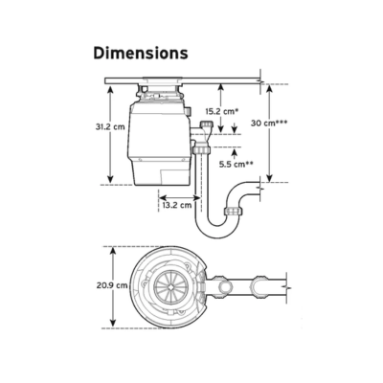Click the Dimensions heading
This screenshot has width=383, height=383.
point(141,53)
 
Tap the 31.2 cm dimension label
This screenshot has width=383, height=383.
point(110,126)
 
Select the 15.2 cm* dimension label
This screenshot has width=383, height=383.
point(222,111)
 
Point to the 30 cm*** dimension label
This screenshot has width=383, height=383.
point(269,123)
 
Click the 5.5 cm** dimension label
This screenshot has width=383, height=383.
point(237,165)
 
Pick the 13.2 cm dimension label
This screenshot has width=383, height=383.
point(177,205)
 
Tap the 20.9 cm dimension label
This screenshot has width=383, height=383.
point(112,285)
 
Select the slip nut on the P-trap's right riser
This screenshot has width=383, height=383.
point(234,211)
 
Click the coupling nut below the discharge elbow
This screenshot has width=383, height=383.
point(201,149)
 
